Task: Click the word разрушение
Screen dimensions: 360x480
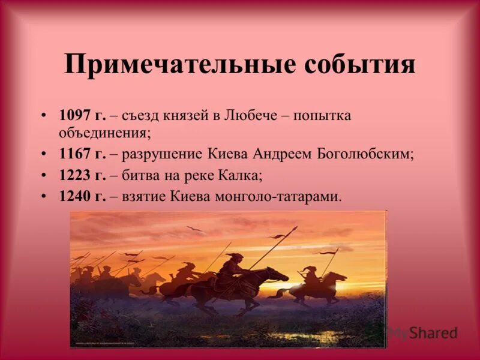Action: [154, 154]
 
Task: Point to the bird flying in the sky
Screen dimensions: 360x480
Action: [194, 230]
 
